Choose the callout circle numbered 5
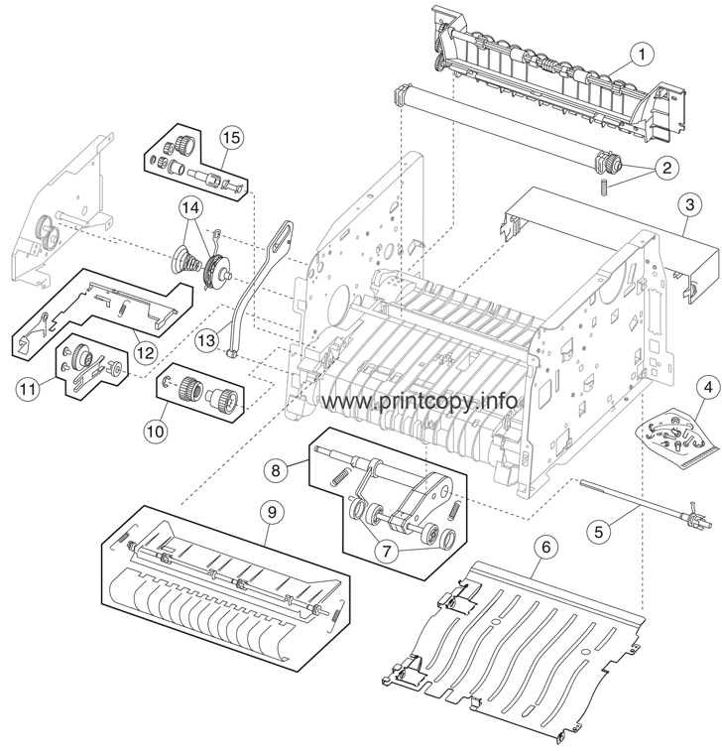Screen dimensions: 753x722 click(x=625, y=531)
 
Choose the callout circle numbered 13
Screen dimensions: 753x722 click(x=207, y=340)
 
